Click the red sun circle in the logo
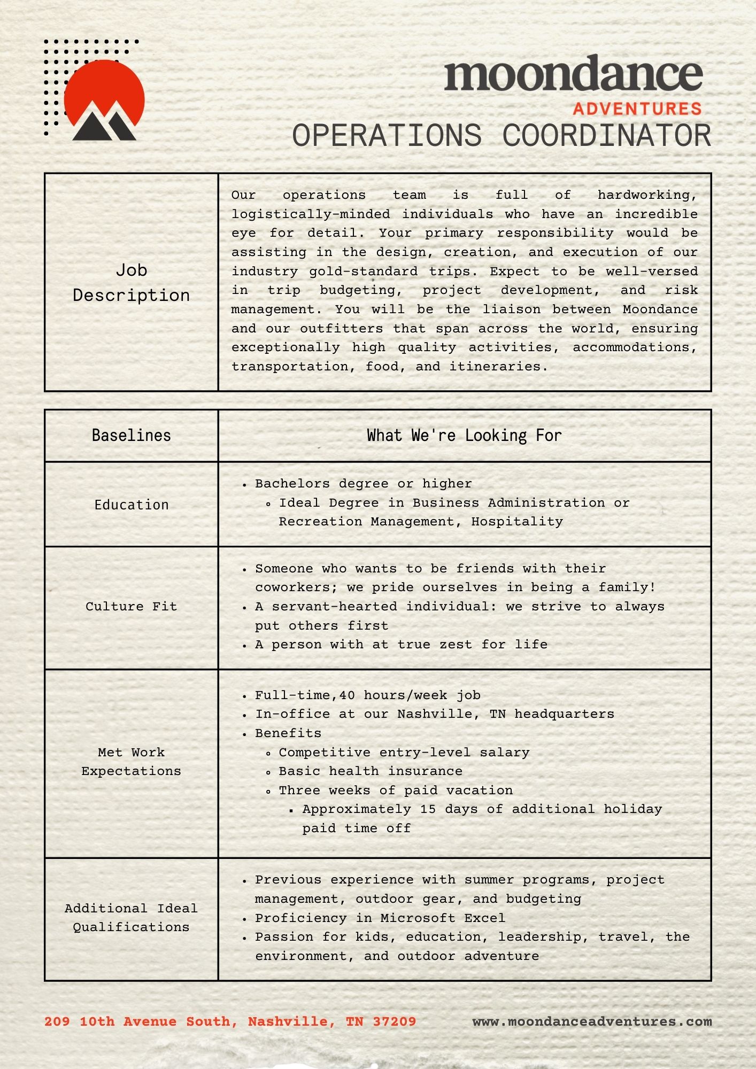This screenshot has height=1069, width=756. pyautogui.click(x=104, y=88)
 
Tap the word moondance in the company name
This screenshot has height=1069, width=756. pyautogui.click(x=573, y=74)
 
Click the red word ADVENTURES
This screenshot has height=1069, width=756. pyautogui.click(x=637, y=109)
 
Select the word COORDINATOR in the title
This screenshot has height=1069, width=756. pyautogui.click(x=607, y=136)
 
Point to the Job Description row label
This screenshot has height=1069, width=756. pyautogui.click(x=132, y=282)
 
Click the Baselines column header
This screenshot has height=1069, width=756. pyautogui.click(x=132, y=435)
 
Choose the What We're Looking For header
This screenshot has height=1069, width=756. pyautogui.click(x=464, y=435)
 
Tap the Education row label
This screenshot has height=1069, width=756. pyautogui.click(x=132, y=505)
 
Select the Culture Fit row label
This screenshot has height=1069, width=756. pyautogui.click(x=132, y=606)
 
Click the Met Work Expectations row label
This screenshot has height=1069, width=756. pyautogui.click(x=132, y=761)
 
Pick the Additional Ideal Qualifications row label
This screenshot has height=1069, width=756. pyautogui.click(x=132, y=917)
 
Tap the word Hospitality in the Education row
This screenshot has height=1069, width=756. pyautogui.click(x=517, y=522)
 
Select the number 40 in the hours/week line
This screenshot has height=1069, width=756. pyautogui.click(x=347, y=695)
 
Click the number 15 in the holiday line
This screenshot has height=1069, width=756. pyautogui.click(x=428, y=809)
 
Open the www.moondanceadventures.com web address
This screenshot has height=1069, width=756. pyautogui.click(x=592, y=1021)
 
